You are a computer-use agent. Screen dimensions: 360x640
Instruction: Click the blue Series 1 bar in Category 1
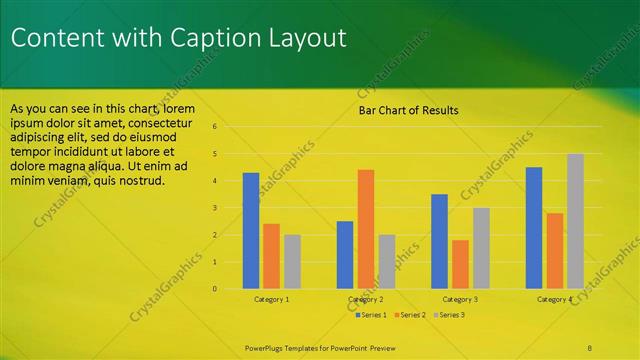(x=251, y=231)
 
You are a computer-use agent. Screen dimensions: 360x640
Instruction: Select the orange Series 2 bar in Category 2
(x=365, y=229)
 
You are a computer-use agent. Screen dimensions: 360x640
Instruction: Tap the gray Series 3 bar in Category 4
(x=575, y=221)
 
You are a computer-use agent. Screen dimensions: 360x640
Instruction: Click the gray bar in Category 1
(x=292, y=262)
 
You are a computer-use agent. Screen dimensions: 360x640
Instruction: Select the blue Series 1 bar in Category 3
(x=439, y=241)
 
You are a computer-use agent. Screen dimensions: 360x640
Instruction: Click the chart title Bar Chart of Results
(x=408, y=110)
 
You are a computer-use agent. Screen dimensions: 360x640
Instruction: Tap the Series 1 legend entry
(x=372, y=314)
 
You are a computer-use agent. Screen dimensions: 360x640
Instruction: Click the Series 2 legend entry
(x=410, y=314)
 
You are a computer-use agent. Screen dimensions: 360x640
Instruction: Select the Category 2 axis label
(x=366, y=299)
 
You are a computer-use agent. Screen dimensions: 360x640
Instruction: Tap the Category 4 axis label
(x=554, y=299)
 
